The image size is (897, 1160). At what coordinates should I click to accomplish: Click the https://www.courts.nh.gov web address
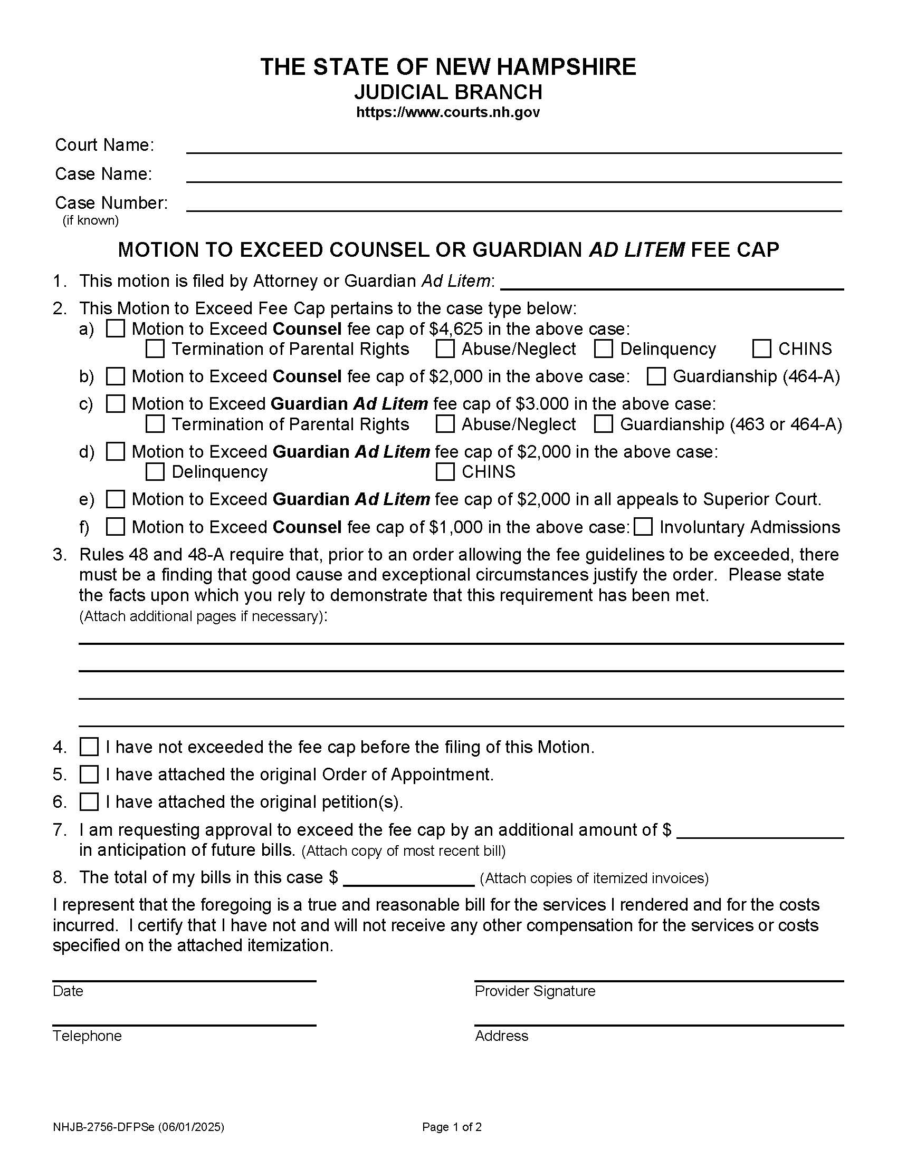(x=448, y=113)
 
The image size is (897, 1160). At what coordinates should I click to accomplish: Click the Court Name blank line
(x=513, y=147)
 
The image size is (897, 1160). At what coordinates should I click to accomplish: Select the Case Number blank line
(x=513, y=205)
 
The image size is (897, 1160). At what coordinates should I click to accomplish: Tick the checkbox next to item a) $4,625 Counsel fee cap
(x=116, y=329)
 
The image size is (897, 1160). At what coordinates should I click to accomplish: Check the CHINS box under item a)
(x=761, y=349)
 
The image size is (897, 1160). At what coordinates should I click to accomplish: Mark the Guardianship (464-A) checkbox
(x=656, y=376)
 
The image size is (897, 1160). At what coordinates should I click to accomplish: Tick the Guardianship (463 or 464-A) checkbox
(x=603, y=424)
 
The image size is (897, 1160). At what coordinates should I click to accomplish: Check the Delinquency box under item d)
(x=155, y=472)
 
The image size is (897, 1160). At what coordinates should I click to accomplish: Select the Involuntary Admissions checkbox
(x=644, y=527)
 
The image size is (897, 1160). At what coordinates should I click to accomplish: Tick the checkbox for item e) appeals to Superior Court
(x=116, y=499)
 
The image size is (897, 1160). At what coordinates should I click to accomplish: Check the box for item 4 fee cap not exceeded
(x=89, y=747)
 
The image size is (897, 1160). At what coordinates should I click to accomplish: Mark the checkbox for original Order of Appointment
(x=89, y=775)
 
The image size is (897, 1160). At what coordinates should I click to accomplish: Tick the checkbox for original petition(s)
(x=89, y=801)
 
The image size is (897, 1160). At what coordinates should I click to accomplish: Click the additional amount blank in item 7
(x=760, y=831)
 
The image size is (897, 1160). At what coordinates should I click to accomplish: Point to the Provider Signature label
(x=535, y=991)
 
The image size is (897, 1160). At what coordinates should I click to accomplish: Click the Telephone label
(x=87, y=1036)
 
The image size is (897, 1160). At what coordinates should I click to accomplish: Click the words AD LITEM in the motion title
(x=637, y=249)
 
